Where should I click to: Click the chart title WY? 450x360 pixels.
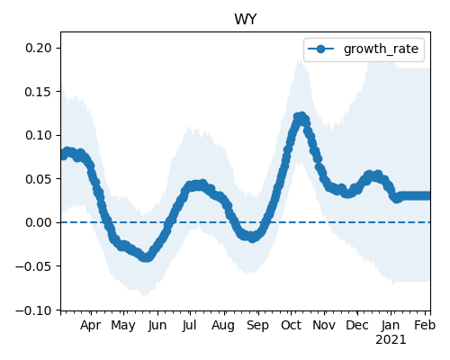[x=246, y=20]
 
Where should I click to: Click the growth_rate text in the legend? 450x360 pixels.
[x=381, y=49]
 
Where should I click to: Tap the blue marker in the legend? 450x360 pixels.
[x=320, y=49]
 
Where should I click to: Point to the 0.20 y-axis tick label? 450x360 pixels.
[x=39, y=48]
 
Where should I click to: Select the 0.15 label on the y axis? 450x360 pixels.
[x=39, y=92]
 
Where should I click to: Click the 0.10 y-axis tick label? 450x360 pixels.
[x=39, y=135]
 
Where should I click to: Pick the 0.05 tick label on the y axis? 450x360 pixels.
[x=39, y=179]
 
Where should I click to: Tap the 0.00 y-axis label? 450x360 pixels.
[x=39, y=222]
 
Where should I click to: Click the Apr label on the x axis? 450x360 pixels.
[x=91, y=326]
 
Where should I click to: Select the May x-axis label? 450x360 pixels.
[x=123, y=326]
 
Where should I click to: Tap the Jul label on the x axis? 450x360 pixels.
[x=190, y=326]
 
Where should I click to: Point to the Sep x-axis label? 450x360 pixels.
[x=257, y=326]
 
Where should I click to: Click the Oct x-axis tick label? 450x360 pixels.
[x=291, y=326]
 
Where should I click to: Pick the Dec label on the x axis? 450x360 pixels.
[x=357, y=326]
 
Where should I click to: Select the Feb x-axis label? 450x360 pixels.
[x=425, y=326]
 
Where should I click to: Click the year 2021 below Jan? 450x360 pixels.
[x=391, y=340]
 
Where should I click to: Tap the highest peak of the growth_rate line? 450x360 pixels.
[x=301, y=116]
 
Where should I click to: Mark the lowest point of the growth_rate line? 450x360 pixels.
[x=146, y=257]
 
